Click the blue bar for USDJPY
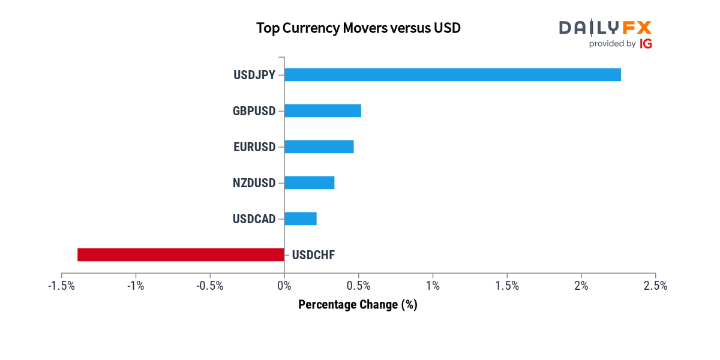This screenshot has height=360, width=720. [452, 74]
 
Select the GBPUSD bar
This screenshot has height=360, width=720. [323, 110]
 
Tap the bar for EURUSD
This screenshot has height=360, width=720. [319, 146]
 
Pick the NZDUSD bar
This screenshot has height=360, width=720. [309, 182]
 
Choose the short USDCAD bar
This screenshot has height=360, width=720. [300, 218]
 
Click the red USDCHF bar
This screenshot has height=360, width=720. [181, 254]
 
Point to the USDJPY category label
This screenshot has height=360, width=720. [254, 75]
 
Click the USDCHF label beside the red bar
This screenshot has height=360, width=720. [313, 255]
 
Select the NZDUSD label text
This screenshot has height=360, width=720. [254, 183]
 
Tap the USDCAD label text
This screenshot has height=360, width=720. [254, 219]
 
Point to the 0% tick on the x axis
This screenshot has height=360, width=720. [284, 286]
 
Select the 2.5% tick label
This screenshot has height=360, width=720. [655, 286]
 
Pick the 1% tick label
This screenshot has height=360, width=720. [433, 286]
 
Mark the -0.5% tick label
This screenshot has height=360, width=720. [209, 286]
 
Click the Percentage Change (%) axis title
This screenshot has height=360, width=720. [358, 305]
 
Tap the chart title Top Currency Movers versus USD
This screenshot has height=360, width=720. [358, 28]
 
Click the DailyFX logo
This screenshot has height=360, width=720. [605, 28]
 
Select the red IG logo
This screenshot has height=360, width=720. [646, 44]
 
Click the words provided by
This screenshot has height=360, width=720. [612, 44]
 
